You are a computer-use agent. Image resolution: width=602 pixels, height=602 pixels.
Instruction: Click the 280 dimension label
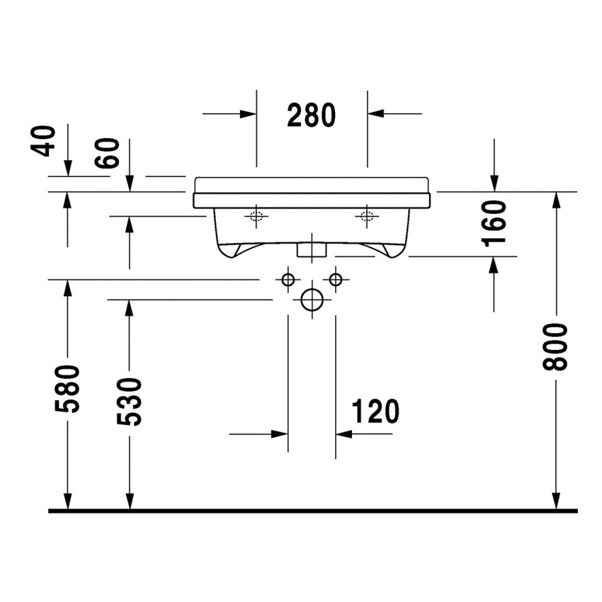[311, 115]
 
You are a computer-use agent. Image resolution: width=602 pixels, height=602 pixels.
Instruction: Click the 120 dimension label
[375, 411]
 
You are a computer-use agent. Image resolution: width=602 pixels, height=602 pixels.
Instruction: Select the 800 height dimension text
[557, 347]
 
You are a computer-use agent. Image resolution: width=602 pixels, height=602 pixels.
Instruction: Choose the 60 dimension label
[108, 154]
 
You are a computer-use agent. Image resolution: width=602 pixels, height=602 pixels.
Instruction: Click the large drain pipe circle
[312, 300]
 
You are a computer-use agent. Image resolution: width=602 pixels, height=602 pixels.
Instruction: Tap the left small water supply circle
[288, 280]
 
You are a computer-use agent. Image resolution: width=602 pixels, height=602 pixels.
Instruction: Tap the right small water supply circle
[336, 280]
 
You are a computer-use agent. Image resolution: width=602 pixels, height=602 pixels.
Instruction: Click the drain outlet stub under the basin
[312, 249]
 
